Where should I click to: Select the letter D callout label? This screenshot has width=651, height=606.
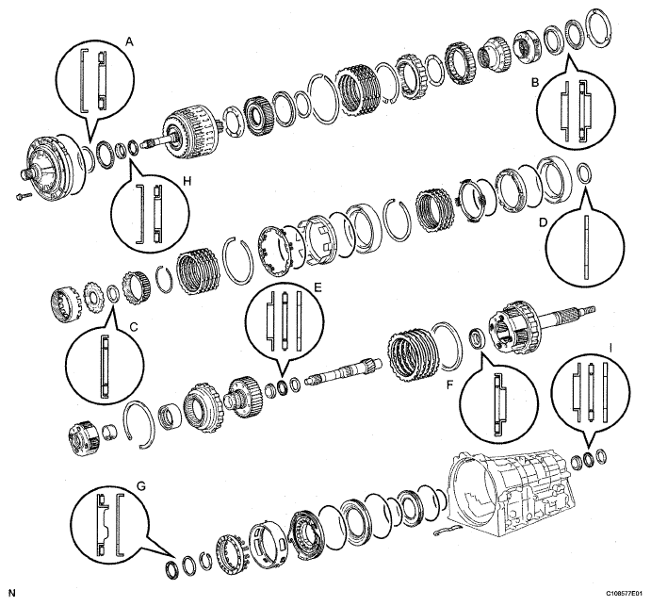tap(545, 226)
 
